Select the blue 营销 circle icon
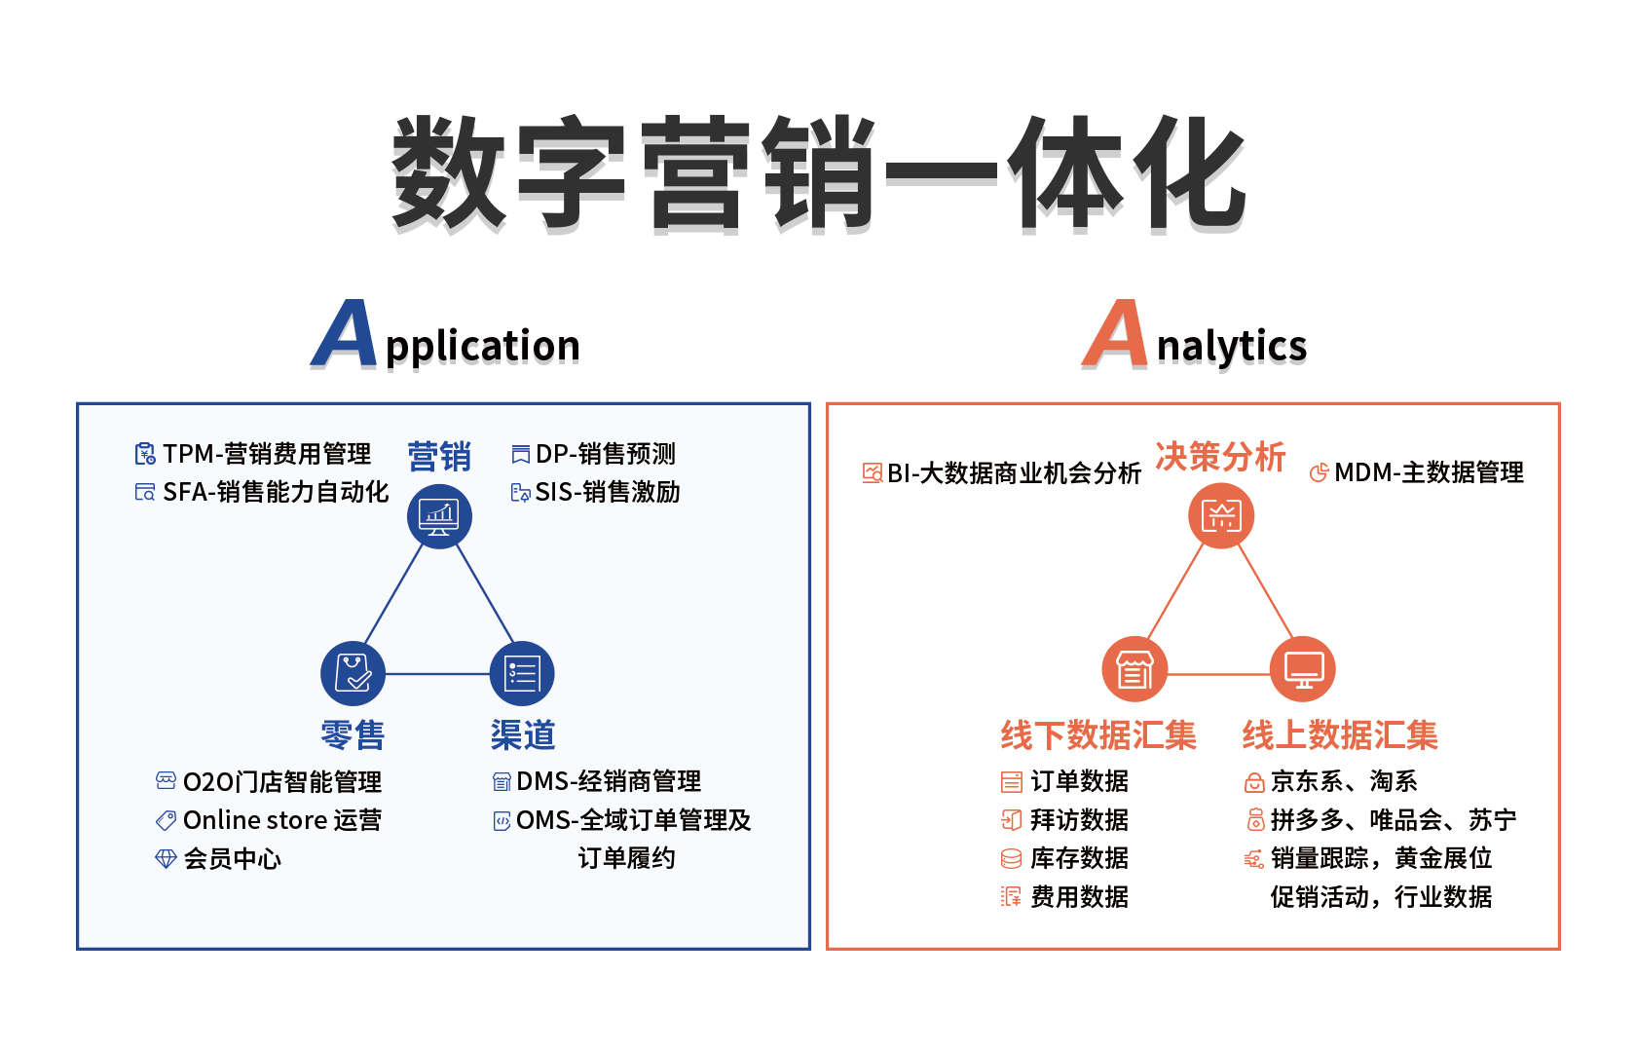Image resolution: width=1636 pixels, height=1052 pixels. pos(439,516)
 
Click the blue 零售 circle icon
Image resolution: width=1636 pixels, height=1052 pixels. pos(353,673)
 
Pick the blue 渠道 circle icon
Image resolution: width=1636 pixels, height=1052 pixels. pos(523,673)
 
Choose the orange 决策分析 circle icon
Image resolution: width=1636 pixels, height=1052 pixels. pos(1221,515)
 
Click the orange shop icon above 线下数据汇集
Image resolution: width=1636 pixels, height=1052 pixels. pos(1134,669)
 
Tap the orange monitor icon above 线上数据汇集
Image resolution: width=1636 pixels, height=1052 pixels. pos(1303,669)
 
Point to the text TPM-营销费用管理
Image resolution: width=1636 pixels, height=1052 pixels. pos(267,454)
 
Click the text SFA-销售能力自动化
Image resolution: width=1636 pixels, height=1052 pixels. pos(276,492)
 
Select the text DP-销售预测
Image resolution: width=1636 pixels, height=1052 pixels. pos(605,454)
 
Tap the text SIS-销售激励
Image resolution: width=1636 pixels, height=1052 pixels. pos(608,492)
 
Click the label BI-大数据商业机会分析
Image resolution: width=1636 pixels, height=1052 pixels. pos(1014,473)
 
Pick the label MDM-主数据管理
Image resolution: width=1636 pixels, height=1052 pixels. pos(1429,472)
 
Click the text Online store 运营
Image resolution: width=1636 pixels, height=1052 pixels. pos(282,820)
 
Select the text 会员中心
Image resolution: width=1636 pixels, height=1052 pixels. pos(232,858)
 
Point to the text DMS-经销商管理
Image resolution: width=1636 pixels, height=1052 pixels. pos(609,781)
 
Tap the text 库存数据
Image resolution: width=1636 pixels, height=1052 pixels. pos(1079,858)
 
